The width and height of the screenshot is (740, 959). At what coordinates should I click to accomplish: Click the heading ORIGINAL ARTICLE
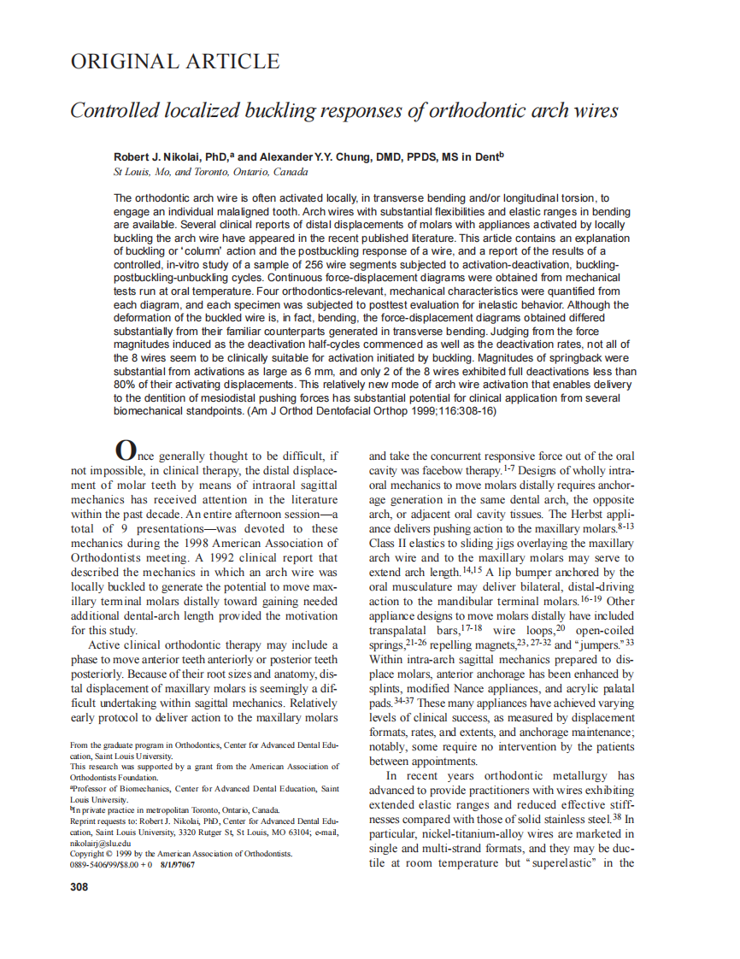click(174, 62)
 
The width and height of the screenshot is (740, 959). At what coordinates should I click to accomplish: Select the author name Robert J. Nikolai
click(158, 157)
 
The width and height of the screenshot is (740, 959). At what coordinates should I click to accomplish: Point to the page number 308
click(79, 886)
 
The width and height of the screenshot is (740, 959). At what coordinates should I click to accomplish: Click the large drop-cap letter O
click(125, 450)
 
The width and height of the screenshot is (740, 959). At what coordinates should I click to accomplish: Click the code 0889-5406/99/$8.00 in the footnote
click(106, 864)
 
